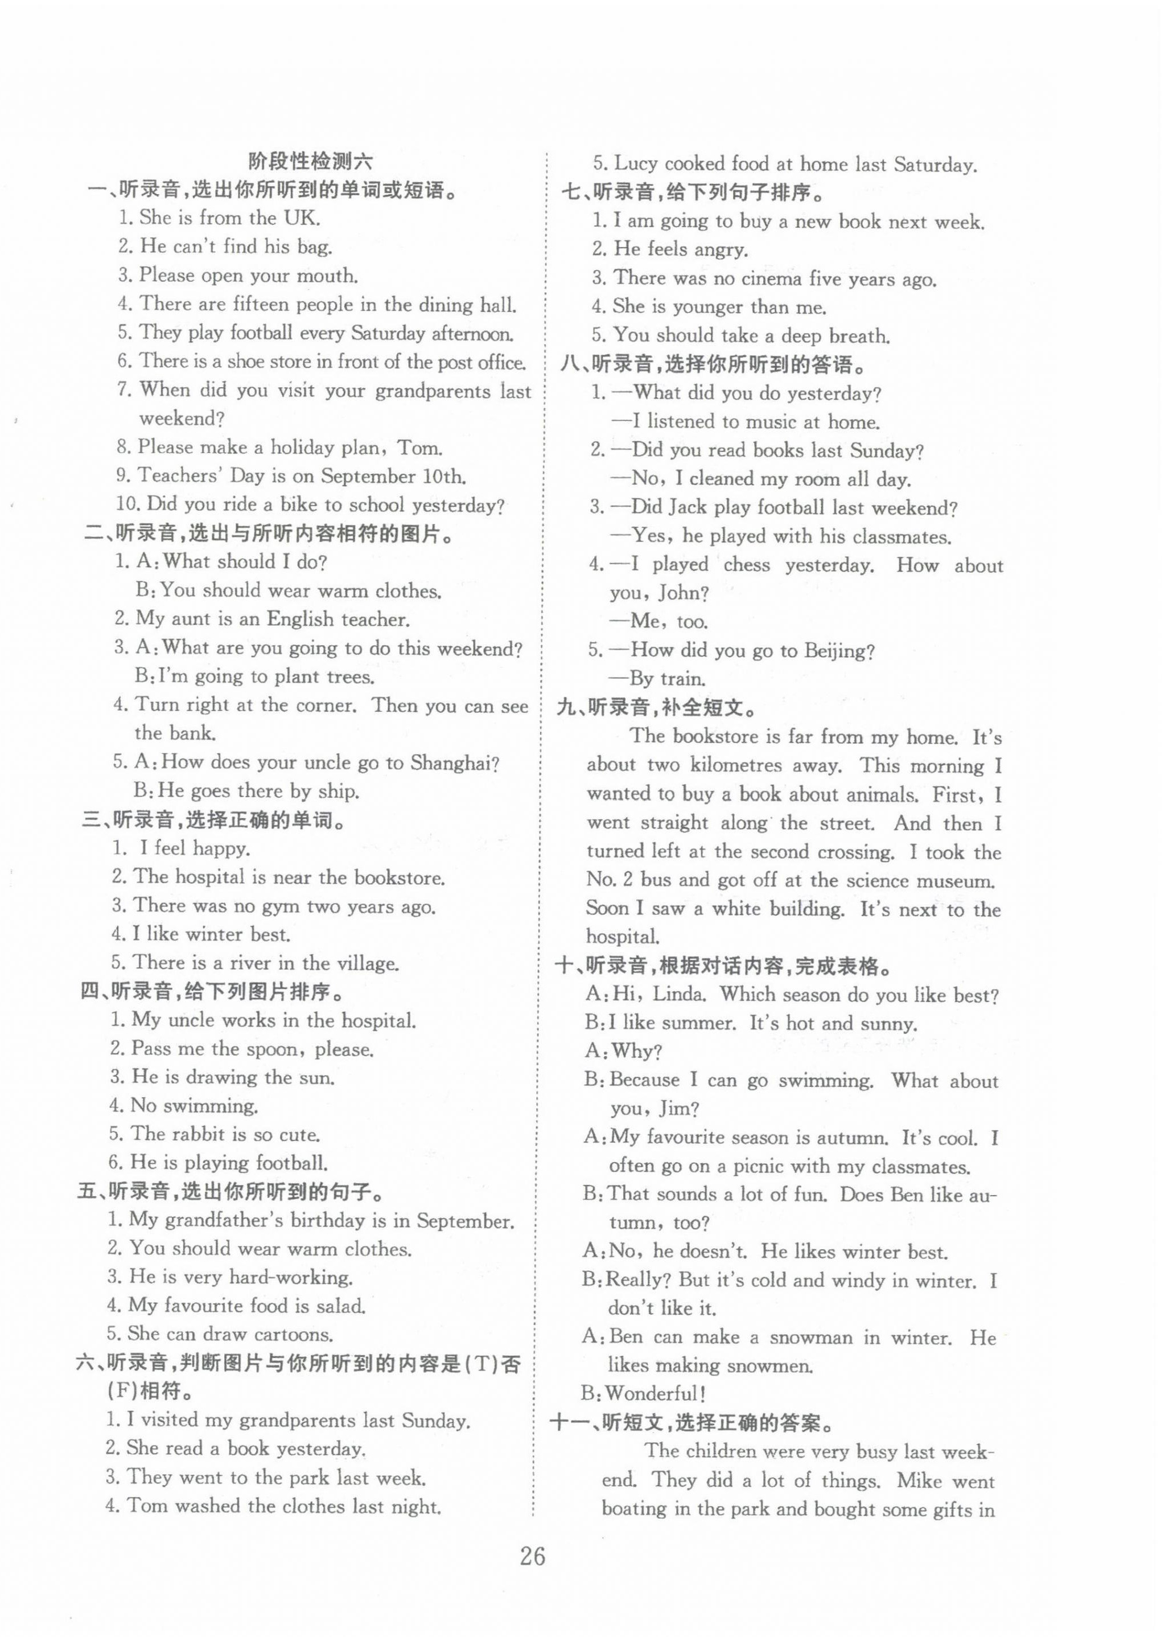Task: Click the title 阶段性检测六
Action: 311,161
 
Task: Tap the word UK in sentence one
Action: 301,218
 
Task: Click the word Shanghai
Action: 455,762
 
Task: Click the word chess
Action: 746,565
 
